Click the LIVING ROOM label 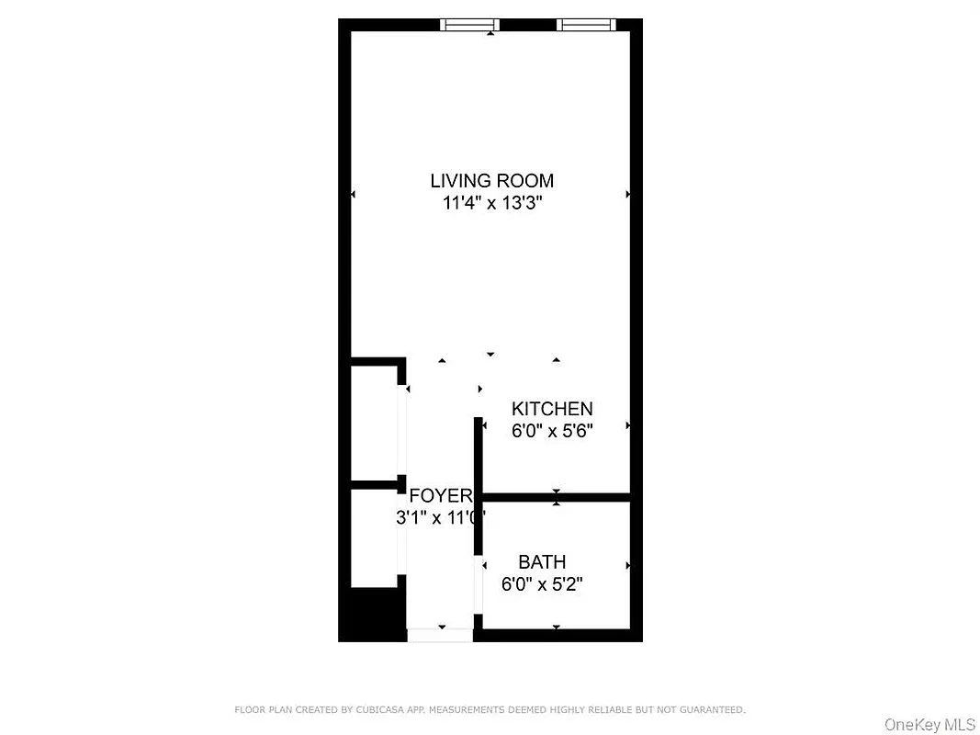pos(491,181)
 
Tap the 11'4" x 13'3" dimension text pos(491,203)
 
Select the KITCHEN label pos(552,409)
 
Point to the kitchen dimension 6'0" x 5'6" pos(552,430)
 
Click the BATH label pos(542,561)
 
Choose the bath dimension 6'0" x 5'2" pos(542,582)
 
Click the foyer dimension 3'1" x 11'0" pos(440,517)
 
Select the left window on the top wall pos(469,25)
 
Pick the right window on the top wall pos(586,25)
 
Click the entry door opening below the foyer pos(440,634)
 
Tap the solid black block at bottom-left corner pos(372,614)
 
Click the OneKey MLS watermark pos(929,725)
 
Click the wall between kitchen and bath pos(556,497)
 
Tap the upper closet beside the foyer pos(375,423)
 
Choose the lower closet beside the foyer pos(375,535)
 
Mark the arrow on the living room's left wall pos(354,194)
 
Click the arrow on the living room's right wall pos(628,194)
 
